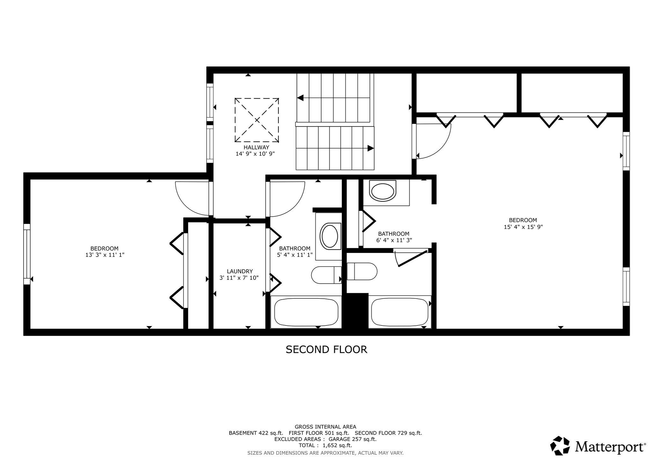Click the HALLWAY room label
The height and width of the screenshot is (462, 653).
tap(256, 147)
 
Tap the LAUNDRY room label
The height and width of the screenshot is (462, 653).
tap(240, 271)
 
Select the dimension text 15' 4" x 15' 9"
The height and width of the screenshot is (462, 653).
tap(523, 227)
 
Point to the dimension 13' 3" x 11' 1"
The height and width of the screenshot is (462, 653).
tap(104, 255)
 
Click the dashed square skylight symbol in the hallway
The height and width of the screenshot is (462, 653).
tap(257, 120)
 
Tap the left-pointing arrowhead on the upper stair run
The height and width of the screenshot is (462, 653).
tap(300, 98)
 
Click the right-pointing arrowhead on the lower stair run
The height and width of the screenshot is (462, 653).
tap(370, 148)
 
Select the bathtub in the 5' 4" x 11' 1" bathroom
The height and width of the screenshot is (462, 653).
tap(306, 312)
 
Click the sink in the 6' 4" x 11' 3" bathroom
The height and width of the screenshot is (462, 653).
tap(383, 191)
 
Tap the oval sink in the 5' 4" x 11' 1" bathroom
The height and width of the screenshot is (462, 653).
tap(330, 236)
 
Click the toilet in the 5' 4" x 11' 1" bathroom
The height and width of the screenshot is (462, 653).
tap(326, 275)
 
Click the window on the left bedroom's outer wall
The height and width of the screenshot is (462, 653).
tap(27, 254)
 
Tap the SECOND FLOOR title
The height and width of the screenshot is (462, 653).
tap(326, 349)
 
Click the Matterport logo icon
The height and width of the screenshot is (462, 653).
tap(560, 446)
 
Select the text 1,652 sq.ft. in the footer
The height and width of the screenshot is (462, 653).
tap(337, 445)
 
